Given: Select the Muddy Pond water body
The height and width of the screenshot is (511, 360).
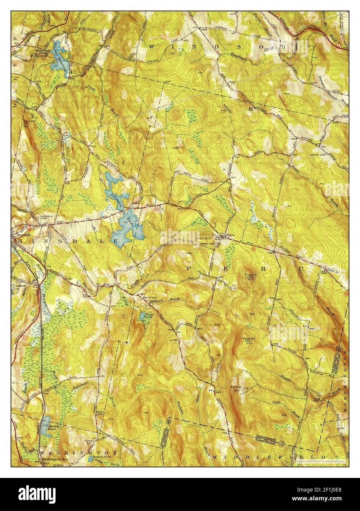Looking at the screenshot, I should click(46, 426).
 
